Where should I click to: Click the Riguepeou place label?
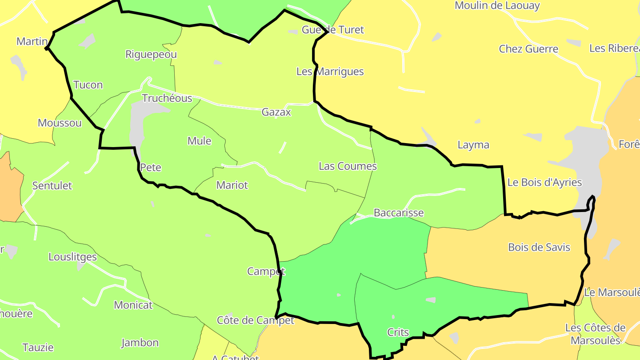151,55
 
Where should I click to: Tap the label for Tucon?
88,85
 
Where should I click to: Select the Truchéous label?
167,98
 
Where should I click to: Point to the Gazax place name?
276,112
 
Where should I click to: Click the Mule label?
199,141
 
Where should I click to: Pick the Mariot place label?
232,185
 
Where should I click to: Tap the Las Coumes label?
348,166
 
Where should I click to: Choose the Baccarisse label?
399,213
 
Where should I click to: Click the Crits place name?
398,332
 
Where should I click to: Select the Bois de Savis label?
539,247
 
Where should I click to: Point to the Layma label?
473,145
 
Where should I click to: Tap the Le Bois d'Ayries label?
544,182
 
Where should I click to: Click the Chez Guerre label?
528,49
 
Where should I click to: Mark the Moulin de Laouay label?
497,6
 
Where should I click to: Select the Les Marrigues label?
330,72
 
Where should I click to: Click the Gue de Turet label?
332,30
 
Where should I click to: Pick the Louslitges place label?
72,257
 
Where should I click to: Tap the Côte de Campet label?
256,320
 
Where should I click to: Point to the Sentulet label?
52,186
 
